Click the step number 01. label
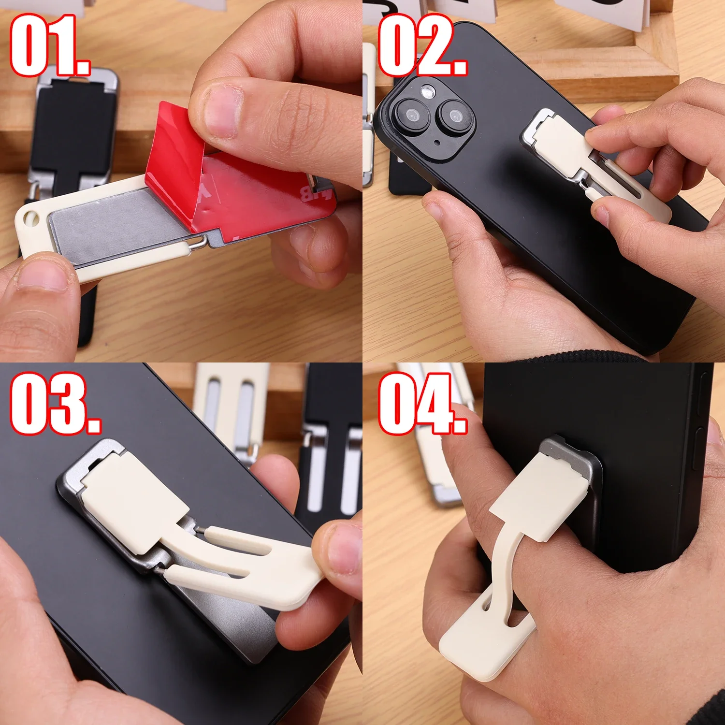point(50,45)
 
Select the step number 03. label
point(56,404)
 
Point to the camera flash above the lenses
point(428,91)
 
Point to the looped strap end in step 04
point(488,633)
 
